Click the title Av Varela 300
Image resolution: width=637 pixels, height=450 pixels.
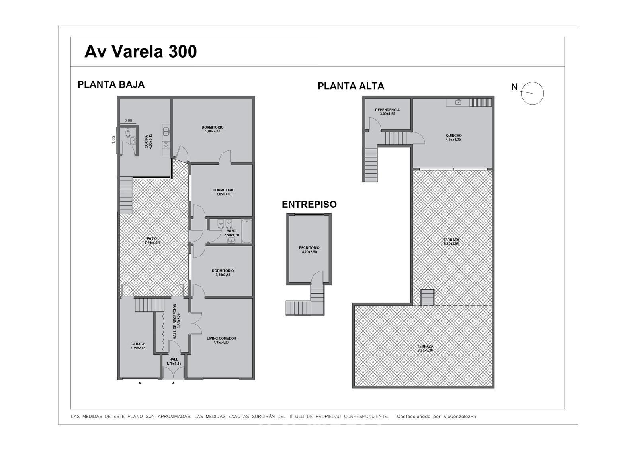click(x=141, y=52)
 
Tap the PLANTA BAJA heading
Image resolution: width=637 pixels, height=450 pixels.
click(x=111, y=84)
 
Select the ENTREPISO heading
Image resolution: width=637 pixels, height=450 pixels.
click(x=309, y=204)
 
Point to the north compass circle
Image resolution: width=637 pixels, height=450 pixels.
click(x=532, y=94)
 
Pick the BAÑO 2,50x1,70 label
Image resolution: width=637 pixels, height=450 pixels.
click(x=231, y=233)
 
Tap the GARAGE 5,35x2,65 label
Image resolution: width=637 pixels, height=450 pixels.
click(x=138, y=346)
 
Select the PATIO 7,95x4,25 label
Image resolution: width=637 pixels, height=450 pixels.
click(x=152, y=240)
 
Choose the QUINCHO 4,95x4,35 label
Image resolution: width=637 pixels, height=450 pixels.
click(x=453, y=138)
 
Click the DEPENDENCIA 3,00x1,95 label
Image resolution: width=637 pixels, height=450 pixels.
click(x=387, y=112)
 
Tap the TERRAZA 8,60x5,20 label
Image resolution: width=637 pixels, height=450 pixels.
click(x=425, y=348)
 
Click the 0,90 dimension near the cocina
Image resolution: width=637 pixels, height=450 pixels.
click(x=128, y=121)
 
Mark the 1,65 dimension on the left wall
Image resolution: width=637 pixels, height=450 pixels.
click(x=113, y=140)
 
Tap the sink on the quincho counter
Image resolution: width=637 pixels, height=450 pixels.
click(x=458, y=102)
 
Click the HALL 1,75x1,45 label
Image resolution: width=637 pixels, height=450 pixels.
click(x=174, y=361)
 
